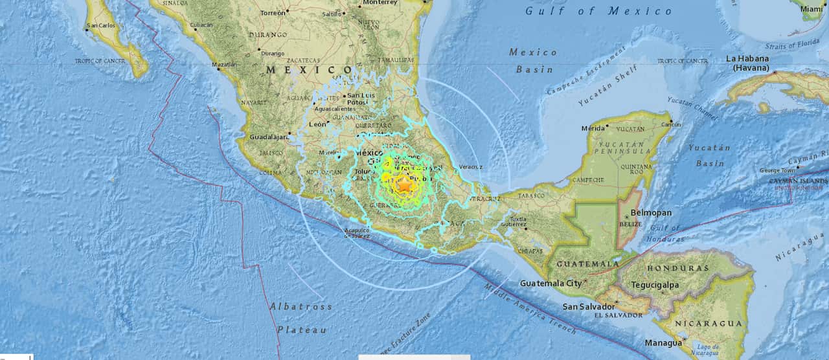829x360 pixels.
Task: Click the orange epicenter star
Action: tap(404, 185)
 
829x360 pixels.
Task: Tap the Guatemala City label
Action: tap(551, 283)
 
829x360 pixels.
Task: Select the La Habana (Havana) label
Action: tap(747, 63)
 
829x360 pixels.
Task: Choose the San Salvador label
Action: tap(588, 306)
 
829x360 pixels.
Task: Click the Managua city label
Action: tap(663, 343)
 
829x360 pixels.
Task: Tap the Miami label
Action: tap(811, 9)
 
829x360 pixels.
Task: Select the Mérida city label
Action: tap(593, 128)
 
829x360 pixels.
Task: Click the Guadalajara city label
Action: tap(269, 137)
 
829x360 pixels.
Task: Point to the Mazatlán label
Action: tap(224, 65)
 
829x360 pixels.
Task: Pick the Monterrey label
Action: tap(380, 3)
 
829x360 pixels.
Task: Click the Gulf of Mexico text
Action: tap(599, 11)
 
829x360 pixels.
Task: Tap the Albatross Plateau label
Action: tap(301, 318)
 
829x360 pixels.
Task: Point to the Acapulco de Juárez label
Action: tap(357, 232)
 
